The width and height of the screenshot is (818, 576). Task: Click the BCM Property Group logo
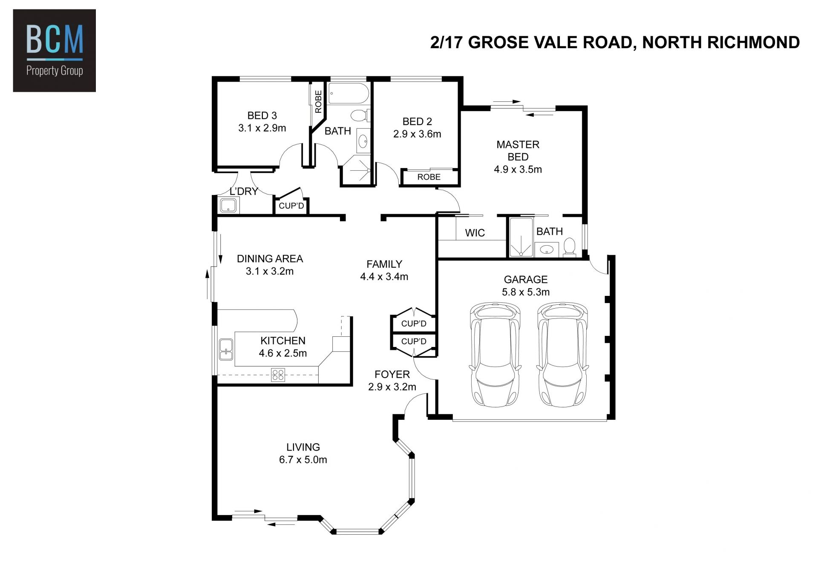coord(55,51)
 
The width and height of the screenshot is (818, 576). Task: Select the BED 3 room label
coord(262,115)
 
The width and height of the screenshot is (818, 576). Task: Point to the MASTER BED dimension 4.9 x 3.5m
coord(518,169)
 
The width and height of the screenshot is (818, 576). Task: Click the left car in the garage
coord(495,355)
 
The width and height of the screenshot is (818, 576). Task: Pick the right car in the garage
coord(562,355)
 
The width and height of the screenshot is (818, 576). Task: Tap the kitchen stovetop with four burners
coord(278,375)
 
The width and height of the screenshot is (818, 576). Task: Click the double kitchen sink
coord(226,350)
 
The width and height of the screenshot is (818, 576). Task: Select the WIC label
coord(475,233)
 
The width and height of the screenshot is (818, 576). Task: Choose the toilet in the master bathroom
coord(569,247)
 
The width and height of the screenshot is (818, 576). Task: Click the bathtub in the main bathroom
coord(348,93)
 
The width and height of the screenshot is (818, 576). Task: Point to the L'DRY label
coord(244,192)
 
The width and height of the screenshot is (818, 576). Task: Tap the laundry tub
coord(228,206)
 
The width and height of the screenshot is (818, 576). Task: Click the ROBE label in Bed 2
coord(429,177)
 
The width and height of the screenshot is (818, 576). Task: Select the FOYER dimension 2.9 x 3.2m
coord(392,387)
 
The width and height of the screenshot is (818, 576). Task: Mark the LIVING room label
coord(303,447)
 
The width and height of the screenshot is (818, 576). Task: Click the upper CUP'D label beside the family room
coord(414,324)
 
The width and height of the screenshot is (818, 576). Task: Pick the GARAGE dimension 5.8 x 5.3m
coord(526,292)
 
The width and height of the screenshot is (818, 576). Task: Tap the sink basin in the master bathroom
coord(547,249)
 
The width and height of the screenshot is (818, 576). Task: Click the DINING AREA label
coord(270,258)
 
